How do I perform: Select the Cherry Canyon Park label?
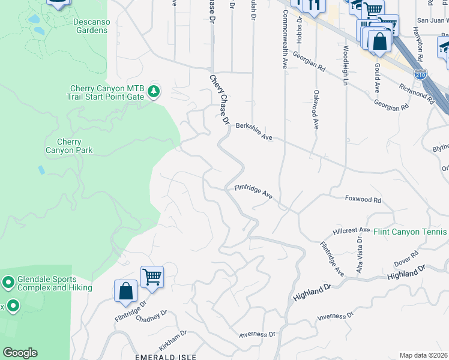point(69,146)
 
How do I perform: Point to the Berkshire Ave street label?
point(254,131)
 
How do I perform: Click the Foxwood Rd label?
point(363,199)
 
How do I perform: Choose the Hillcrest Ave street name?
point(352,230)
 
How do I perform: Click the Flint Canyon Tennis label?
point(410,232)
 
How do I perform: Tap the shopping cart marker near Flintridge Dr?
point(152,277)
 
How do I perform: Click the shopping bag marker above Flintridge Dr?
point(125,291)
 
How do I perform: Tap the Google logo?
point(20,353)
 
